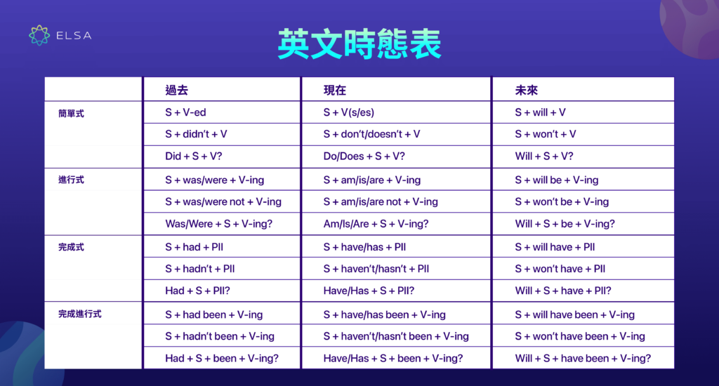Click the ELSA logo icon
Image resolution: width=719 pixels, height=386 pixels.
(x=39, y=35)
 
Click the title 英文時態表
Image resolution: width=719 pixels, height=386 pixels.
(x=359, y=44)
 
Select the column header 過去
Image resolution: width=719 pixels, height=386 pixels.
(x=177, y=90)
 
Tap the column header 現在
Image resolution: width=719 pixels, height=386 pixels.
(x=335, y=90)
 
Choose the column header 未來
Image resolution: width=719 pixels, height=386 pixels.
(x=527, y=90)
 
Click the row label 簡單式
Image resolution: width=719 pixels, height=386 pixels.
(x=71, y=113)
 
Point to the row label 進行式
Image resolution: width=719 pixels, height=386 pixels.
(x=71, y=180)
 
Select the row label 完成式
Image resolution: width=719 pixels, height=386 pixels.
(x=71, y=247)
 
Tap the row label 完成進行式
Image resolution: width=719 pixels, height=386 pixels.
(x=80, y=314)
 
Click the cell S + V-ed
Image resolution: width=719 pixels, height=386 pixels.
(x=185, y=112)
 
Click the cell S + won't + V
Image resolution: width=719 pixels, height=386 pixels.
(x=546, y=134)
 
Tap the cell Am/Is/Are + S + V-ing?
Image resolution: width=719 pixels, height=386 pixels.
(x=376, y=224)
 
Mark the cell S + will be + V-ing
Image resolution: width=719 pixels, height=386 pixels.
(x=556, y=180)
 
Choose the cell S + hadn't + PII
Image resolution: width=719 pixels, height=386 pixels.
(x=199, y=269)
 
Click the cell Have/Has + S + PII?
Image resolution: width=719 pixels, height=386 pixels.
(x=369, y=291)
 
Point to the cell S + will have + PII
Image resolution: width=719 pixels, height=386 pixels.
(x=555, y=247)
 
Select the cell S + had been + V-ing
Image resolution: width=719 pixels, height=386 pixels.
(x=214, y=314)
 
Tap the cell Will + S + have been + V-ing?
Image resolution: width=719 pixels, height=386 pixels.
(x=583, y=358)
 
